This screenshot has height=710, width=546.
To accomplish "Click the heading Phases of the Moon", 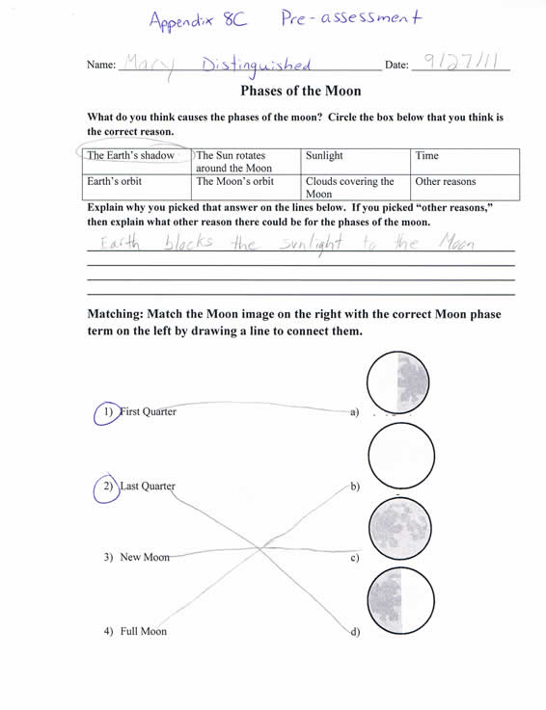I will click(300, 92).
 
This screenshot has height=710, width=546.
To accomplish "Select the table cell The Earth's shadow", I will click(131, 155).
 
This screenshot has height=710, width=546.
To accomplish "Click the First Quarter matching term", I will click(148, 412).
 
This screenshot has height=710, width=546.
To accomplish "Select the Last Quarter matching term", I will click(147, 486).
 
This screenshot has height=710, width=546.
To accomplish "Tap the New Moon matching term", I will click(144, 558).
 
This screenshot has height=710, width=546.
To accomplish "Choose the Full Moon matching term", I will click(143, 632).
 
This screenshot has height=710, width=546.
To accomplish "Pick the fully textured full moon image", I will click(400, 529).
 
